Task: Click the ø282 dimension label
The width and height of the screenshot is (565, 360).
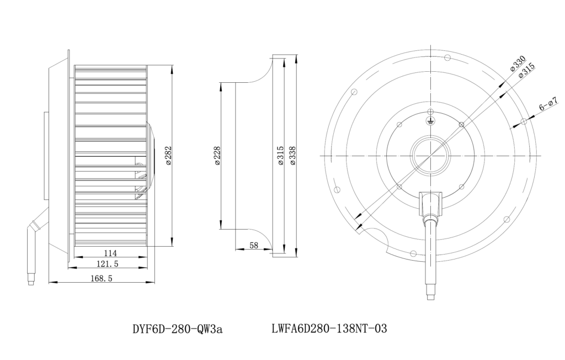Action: pyautogui.click(x=168, y=155)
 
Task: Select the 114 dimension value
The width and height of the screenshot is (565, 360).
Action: pyautogui.click(x=110, y=253)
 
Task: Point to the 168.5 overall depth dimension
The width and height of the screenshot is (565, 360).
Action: pyautogui.click(x=102, y=278)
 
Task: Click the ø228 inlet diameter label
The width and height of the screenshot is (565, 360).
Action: pyautogui.click(x=217, y=156)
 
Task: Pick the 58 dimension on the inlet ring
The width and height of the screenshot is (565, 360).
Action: pyautogui.click(x=254, y=245)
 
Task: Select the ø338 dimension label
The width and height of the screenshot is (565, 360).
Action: pyautogui.click(x=292, y=156)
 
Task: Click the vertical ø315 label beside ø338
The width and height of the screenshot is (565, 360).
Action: pyautogui.click(x=281, y=156)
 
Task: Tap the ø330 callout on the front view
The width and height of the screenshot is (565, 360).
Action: pyautogui.click(x=518, y=64)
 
